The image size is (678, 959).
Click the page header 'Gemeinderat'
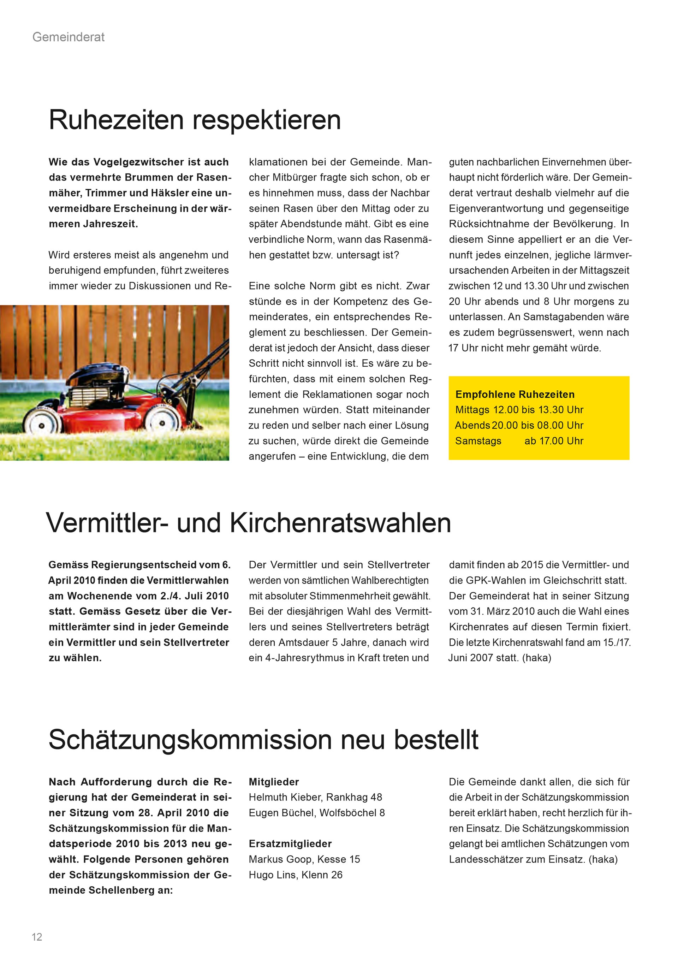[x=69, y=37]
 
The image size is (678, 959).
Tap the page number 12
[x=37, y=937]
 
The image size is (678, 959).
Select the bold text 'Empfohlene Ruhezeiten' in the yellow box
[x=515, y=394]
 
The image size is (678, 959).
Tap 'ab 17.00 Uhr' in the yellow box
[x=554, y=441]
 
